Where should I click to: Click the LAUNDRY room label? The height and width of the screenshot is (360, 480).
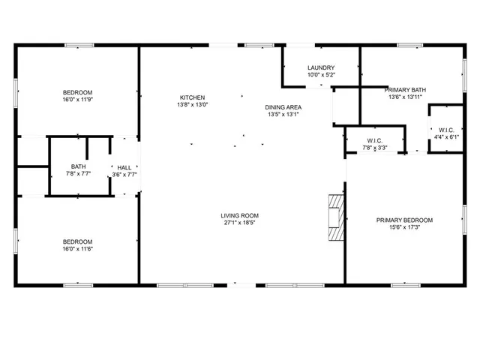coord(320,67)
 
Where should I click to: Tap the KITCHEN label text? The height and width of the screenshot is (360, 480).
coord(192,97)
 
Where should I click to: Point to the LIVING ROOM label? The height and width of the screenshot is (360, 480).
coord(240,215)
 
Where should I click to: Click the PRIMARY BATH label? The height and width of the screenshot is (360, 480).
coord(406,89)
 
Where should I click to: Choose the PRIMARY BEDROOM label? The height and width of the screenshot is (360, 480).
coord(404,220)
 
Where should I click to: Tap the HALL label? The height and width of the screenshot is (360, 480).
coord(124,168)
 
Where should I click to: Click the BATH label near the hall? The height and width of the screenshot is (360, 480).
coord(79,166)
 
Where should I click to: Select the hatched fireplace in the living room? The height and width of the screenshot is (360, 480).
coord(334,218)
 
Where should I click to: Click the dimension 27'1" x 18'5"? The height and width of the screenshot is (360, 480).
coord(240,223)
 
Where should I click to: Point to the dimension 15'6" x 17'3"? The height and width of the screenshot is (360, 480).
coord(404,227)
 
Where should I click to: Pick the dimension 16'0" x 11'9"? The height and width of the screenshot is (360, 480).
coord(77,99)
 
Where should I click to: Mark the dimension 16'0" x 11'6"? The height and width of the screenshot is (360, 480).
coord(77,248)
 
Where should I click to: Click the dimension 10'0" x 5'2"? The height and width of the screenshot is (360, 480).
coord(320,75)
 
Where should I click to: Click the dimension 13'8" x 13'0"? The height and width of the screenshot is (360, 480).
coord(192,105)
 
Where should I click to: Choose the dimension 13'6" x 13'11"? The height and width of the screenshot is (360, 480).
coord(406,97)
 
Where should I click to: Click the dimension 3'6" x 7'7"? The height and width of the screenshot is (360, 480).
coord(124,175)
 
